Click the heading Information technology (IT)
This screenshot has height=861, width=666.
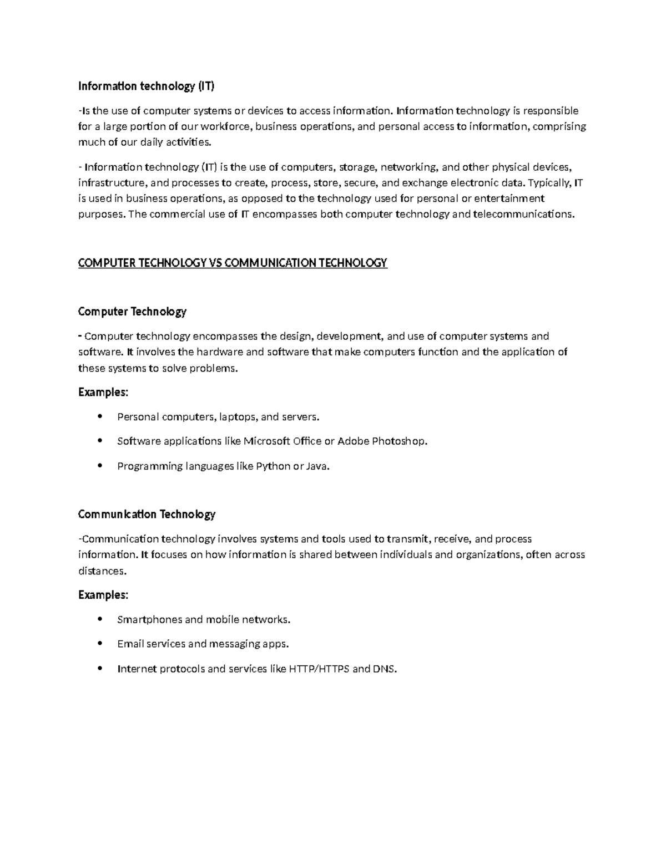[146, 86]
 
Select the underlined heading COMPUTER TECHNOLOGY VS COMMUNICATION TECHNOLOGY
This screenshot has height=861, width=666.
[233, 263]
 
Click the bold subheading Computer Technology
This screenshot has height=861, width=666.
[132, 312]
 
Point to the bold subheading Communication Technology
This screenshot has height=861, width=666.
[147, 514]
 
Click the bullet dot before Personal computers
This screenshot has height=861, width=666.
[100, 416]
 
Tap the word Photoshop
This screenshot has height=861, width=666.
[400, 441]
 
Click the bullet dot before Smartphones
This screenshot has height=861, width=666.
[100, 619]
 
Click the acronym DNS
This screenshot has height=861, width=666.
[385, 669]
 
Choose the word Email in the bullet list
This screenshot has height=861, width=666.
[129, 644]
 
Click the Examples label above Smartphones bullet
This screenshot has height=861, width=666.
[103, 595]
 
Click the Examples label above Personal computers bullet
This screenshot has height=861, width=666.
[103, 393]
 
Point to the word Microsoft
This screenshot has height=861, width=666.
[267, 441]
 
